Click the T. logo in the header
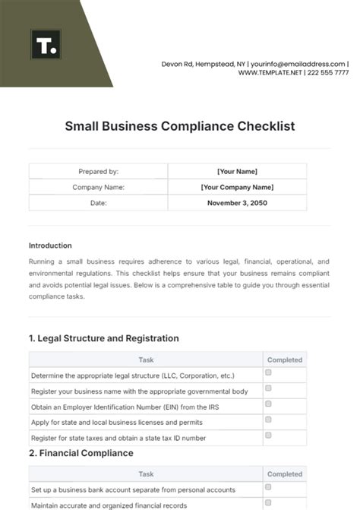(44, 45)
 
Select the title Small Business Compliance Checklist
(179, 125)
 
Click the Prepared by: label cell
(98, 172)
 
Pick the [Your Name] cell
(237, 172)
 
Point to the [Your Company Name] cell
(237, 187)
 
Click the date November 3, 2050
(237, 203)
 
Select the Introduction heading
(50, 245)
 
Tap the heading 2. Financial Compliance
(81, 453)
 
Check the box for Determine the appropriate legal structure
(268, 374)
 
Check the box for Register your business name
(268, 389)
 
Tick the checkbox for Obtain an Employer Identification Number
(268, 404)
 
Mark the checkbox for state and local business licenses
(268, 420)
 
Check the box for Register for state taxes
(268, 436)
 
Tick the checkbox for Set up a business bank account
(268, 488)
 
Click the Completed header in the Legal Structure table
(285, 360)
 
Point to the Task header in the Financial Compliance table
(146, 474)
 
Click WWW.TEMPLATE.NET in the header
(270, 73)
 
